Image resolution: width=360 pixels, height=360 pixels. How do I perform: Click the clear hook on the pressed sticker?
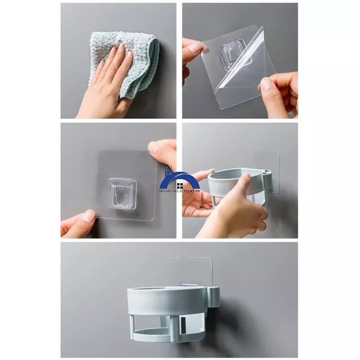pyautogui.click(x=122, y=194)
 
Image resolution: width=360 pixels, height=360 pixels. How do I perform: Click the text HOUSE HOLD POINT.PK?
pyautogui.click(x=180, y=191)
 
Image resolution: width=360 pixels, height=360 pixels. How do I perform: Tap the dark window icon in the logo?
pyautogui.click(x=180, y=185)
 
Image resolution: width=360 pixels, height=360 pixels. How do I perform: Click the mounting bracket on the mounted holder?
pyautogui.click(x=214, y=297)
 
